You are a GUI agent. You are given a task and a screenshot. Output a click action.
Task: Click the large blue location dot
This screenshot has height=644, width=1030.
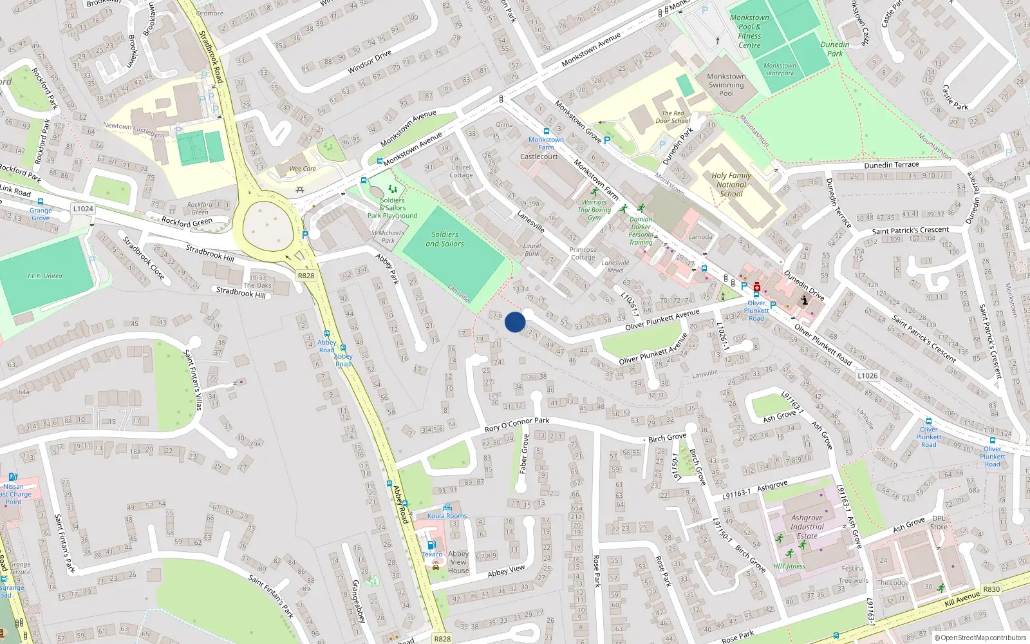(x=515, y=322)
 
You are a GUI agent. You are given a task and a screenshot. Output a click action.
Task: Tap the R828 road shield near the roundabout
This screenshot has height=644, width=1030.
(x=306, y=276)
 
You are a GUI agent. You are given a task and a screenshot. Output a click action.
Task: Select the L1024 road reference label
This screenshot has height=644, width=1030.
(x=83, y=209)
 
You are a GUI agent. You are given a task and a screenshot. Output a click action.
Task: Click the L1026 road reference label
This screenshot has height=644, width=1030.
(x=867, y=375)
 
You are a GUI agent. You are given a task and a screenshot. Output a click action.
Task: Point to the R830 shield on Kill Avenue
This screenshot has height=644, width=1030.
(x=991, y=589)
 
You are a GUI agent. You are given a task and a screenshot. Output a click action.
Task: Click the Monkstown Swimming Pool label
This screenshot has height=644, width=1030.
(x=726, y=85)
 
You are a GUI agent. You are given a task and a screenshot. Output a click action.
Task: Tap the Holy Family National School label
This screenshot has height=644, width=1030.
(x=731, y=184)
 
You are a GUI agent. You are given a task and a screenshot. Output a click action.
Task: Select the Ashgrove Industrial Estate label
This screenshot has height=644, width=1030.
(x=807, y=527)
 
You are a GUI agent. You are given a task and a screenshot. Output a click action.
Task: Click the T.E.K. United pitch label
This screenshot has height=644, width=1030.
(x=44, y=276)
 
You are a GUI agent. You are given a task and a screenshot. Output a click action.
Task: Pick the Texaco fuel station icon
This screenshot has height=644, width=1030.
(x=431, y=545)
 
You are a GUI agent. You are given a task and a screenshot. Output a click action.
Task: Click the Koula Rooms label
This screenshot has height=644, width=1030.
(x=447, y=516)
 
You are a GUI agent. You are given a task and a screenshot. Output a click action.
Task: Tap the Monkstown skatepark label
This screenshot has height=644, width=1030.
(x=780, y=70)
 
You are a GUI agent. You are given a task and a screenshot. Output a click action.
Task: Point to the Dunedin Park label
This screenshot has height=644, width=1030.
(x=835, y=49)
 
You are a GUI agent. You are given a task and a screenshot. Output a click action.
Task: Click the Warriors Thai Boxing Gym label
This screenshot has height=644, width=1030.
(x=594, y=210)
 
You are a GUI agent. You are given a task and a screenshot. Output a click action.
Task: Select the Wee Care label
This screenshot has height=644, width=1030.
(x=303, y=169)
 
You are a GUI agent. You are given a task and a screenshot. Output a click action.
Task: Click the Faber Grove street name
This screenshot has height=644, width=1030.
(x=524, y=453)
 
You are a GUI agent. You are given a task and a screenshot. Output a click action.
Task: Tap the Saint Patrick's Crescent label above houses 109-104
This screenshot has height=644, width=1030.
(x=910, y=230)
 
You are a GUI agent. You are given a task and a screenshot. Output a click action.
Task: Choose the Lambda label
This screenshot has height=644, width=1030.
(x=700, y=237)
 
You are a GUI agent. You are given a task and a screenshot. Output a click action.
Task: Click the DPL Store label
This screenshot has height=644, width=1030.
(x=939, y=522)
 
